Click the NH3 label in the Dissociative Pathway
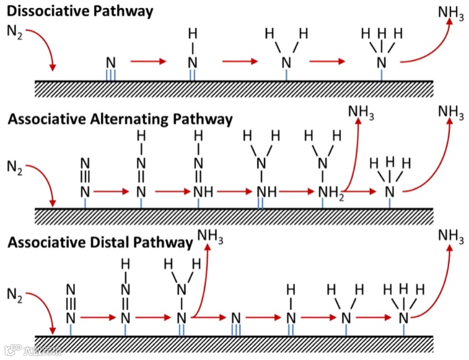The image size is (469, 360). coord(450,13)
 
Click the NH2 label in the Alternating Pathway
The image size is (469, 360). coord(330,191)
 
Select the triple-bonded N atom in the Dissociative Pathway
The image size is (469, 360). coord(111,62)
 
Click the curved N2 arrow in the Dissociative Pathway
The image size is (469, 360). coord(45,46)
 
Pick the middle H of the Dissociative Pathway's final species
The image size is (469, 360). coord(382,32)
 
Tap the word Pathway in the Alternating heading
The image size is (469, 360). coord(204,119)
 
